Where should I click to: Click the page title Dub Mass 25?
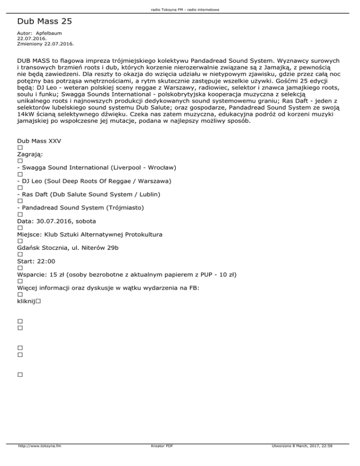[44, 22]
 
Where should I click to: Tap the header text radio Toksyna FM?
[167, 9]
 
